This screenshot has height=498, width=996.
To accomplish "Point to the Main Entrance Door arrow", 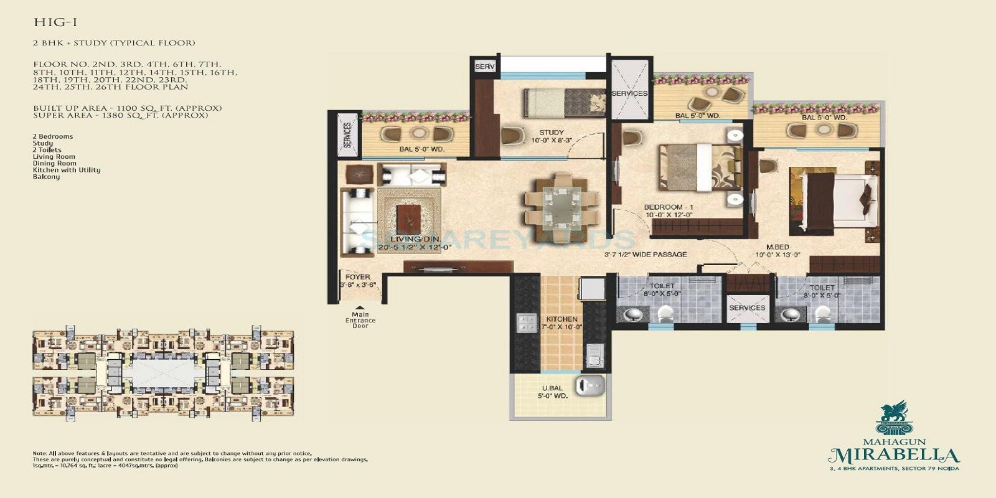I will [x=360, y=307].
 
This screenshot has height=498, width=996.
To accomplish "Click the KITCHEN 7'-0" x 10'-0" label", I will [x=561, y=322].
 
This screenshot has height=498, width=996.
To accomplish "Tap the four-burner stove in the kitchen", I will [x=526, y=323].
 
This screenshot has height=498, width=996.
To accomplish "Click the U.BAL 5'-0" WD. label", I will [x=552, y=392].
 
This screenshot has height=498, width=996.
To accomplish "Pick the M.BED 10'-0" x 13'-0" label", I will [x=778, y=251].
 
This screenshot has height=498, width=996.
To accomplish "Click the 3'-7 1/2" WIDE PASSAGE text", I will [x=645, y=254].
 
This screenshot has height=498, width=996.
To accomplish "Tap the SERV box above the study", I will [x=484, y=67].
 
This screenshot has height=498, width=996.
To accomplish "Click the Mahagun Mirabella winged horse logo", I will [x=894, y=416].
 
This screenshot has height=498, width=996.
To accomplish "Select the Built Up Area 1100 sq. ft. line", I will [x=127, y=108].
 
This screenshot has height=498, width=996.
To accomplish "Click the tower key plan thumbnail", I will [x=163, y=374].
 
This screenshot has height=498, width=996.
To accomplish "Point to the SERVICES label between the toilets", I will [x=746, y=308].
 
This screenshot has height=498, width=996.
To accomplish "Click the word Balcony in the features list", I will [x=46, y=177].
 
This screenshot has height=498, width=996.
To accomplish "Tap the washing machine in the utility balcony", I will [x=590, y=386].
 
